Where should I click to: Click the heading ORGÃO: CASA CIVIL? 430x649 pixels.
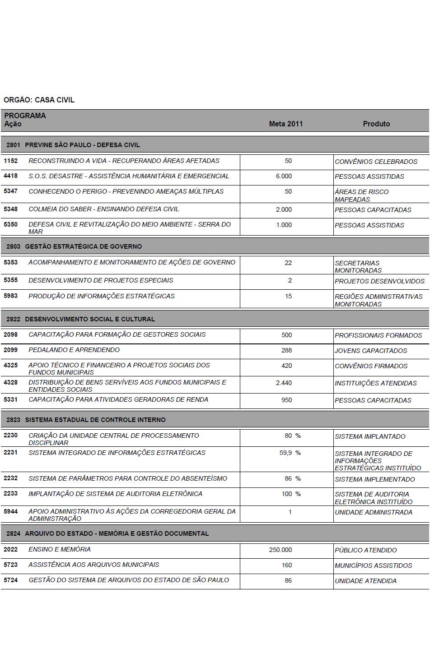39,100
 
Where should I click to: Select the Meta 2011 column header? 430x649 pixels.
285,124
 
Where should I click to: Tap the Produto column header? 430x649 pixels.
376,124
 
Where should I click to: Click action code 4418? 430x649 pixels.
11,176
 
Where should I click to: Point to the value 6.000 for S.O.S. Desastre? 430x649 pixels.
284,176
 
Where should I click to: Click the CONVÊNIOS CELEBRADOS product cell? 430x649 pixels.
376,162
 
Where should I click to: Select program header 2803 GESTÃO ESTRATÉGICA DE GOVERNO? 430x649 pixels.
74,246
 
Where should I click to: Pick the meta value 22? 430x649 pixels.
288,263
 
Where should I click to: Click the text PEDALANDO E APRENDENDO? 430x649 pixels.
74,350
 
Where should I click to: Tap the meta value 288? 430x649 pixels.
286,350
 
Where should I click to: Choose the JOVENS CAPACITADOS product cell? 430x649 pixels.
370,351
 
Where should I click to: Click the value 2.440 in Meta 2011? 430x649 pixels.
284,383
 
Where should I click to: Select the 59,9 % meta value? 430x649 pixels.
290,453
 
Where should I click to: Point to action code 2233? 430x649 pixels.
11,494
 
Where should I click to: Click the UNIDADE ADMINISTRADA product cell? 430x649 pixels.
373,512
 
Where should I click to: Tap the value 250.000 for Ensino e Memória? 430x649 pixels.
280,550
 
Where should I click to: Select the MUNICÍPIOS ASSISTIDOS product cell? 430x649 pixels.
373,566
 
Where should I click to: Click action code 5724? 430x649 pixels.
11,580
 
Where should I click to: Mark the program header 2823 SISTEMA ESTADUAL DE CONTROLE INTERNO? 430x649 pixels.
86,420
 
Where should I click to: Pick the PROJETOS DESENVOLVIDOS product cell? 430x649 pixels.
379,281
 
